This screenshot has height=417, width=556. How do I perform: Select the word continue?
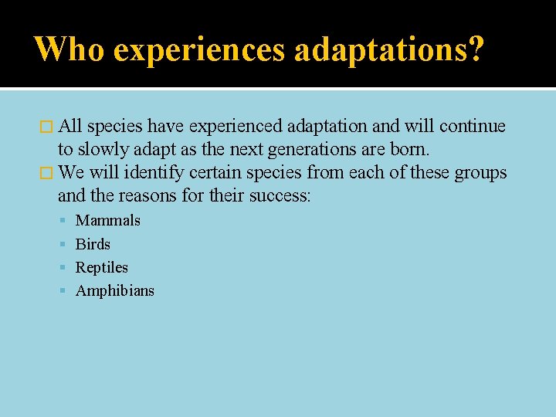(473, 126)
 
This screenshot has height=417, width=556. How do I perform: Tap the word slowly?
(103, 149)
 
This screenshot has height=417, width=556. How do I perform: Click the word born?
(411, 149)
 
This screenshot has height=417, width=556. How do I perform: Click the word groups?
(480, 172)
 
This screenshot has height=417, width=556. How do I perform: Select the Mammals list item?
(107, 221)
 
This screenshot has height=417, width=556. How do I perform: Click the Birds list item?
(93, 244)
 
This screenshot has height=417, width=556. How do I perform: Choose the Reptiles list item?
(101, 268)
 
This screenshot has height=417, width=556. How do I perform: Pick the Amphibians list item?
(114, 291)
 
